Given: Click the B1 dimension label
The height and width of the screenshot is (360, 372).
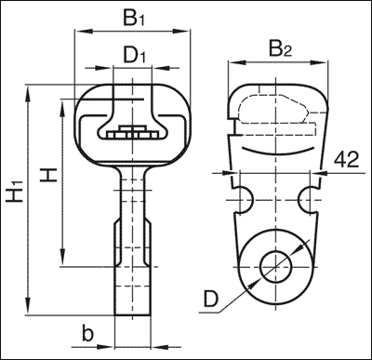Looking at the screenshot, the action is pos(134,18).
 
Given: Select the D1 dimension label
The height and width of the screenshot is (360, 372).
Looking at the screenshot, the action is pos(134,55).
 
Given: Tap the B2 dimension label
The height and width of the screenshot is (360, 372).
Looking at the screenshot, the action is pos(281,49).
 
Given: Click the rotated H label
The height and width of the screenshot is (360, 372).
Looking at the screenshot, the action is pos(48,175).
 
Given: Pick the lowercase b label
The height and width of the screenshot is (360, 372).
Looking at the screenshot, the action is pos(87,333).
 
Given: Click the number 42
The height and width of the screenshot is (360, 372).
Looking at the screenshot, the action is pos(347,160).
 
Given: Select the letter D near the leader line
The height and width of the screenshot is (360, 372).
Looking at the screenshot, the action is pos(211,300).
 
